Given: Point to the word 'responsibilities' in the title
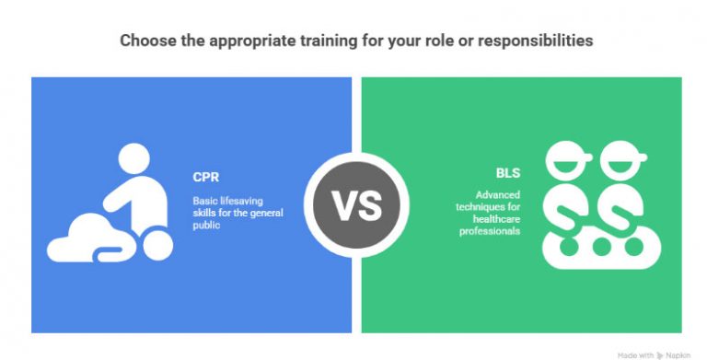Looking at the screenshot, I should pos(540,41).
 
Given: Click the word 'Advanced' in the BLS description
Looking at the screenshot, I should pos(497,194).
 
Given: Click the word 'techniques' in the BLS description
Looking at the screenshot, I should pos(498,206).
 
